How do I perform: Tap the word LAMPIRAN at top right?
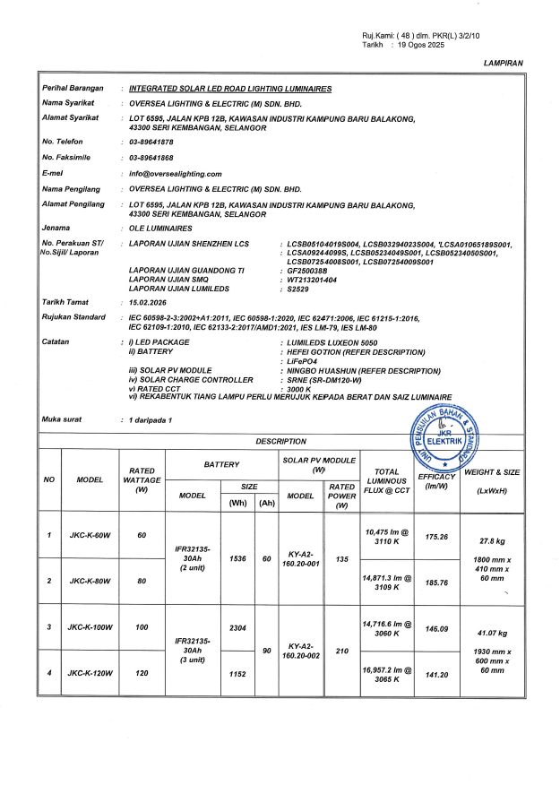click(x=503, y=64)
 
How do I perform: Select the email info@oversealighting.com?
click(x=176, y=173)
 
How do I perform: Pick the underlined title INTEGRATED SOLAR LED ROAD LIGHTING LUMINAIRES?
click(x=230, y=90)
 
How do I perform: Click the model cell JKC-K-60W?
click(x=90, y=536)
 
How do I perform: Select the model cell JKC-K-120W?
click(x=90, y=673)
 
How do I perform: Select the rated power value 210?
click(x=340, y=650)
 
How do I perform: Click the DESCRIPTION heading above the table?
click(x=280, y=441)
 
